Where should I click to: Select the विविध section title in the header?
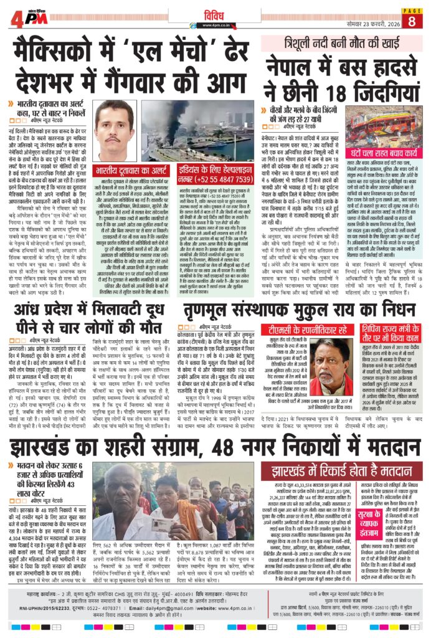click(215, 12)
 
